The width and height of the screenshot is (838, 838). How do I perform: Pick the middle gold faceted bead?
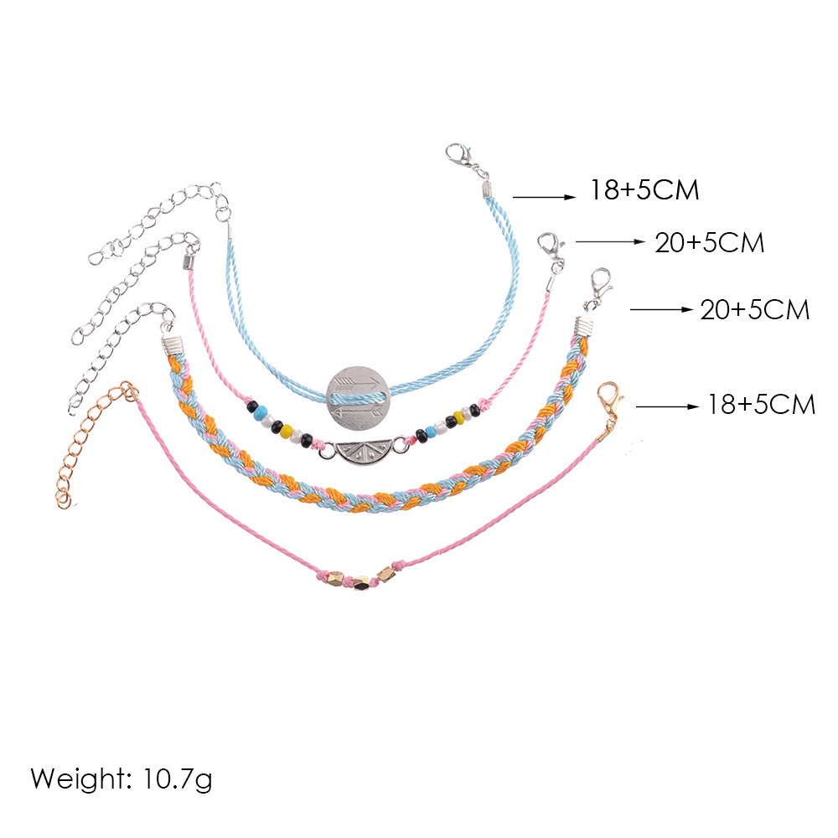(361, 582)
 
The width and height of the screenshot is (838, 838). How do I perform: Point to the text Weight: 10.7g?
(122, 779)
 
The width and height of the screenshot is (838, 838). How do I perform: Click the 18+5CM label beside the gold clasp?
(760, 406)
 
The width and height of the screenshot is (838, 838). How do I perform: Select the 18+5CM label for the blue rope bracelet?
(644, 191)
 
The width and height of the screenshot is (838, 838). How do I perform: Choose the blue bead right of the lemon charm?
(431, 432)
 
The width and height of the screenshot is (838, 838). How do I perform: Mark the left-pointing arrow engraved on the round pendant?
(357, 410)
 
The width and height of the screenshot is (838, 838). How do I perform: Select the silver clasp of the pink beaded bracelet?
(550, 247)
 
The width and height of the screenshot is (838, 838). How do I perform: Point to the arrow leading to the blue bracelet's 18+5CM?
(543, 197)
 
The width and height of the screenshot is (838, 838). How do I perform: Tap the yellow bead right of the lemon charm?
(458, 416)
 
